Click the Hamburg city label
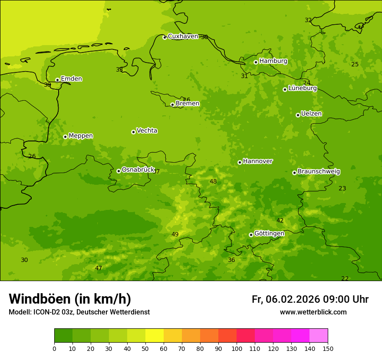click(273, 61)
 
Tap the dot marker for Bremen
click(172, 105)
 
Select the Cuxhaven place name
click(183, 36)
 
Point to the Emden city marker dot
click(57, 80)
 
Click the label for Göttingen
click(269, 233)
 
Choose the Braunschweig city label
click(319, 171)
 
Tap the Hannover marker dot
click(240, 163)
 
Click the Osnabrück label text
click(138, 170)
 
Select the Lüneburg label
click(302, 88)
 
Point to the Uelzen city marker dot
click(298, 115)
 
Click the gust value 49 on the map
click(175, 235)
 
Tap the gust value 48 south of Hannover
click(213, 182)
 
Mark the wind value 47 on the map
click(99, 268)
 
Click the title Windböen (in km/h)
click(70, 299)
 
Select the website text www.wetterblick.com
click(313, 312)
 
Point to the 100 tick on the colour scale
click(237, 348)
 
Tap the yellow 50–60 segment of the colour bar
click(155, 335)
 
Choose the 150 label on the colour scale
click(327, 348)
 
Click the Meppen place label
click(81, 136)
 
